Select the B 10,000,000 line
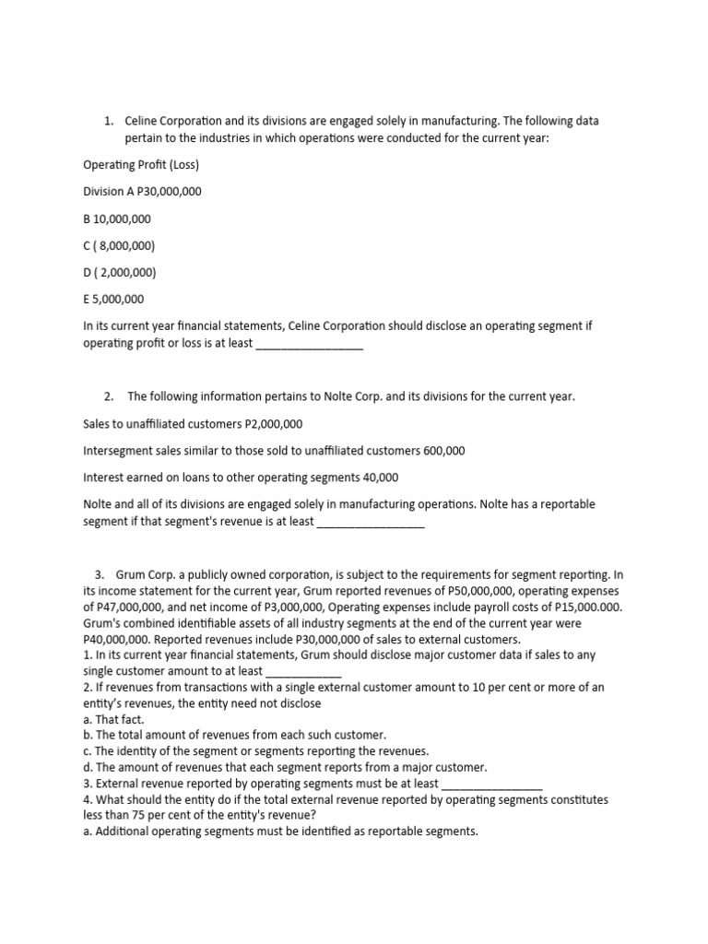pyautogui.click(x=117, y=218)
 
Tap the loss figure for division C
pyautogui.click(x=125, y=245)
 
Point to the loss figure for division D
pyautogui.click(x=125, y=272)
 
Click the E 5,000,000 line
pyautogui.click(x=113, y=299)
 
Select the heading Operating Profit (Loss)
pyautogui.click(x=141, y=165)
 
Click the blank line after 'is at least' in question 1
pyautogui.click(x=308, y=347)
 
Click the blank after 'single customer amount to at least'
pyautogui.click(x=302, y=672)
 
